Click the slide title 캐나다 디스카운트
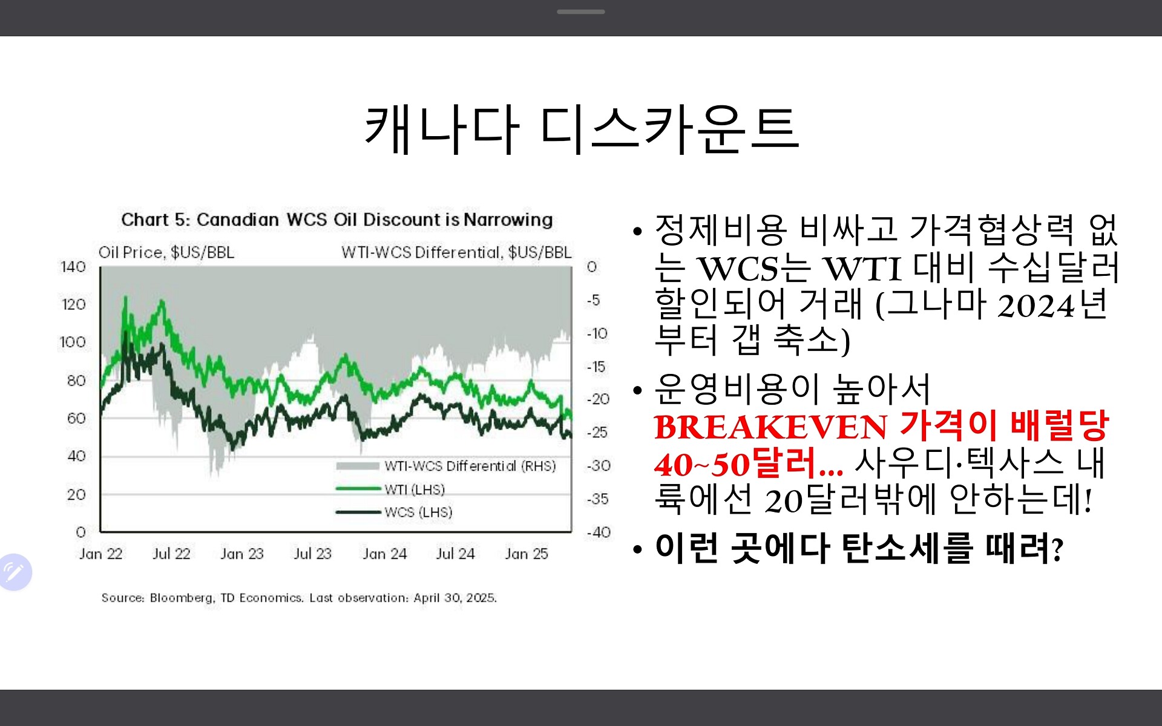click(x=582, y=129)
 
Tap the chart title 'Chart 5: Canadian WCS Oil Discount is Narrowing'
click(x=337, y=220)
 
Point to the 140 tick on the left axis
click(x=73, y=267)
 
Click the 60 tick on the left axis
click(x=76, y=418)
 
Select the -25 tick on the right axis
click(x=597, y=433)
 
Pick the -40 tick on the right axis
click(x=599, y=532)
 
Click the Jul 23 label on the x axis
click(x=312, y=554)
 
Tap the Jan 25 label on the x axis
click(x=527, y=554)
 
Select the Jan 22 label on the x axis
click(x=100, y=554)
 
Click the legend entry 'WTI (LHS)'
click(x=415, y=489)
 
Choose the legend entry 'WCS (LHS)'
click(x=418, y=512)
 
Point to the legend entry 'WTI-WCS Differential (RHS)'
click(x=470, y=466)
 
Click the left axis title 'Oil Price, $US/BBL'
click(x=166, y=252)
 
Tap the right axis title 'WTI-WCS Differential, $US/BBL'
click(x=456, y=252)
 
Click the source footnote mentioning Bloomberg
click(x=299, y=598)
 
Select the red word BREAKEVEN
click(x=771, y=427)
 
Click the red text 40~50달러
click(x=749, y=465)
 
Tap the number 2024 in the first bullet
click(x=1036, y=306)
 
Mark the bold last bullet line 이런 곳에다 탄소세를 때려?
click(x=859, y=548)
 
